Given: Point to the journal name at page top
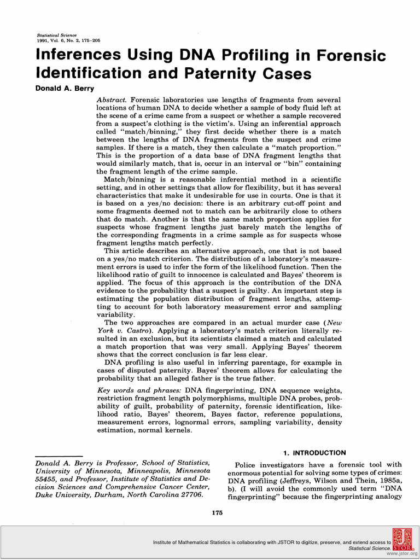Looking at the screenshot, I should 52,35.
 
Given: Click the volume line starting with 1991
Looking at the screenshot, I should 65,40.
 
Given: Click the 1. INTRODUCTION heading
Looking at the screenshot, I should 314,453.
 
